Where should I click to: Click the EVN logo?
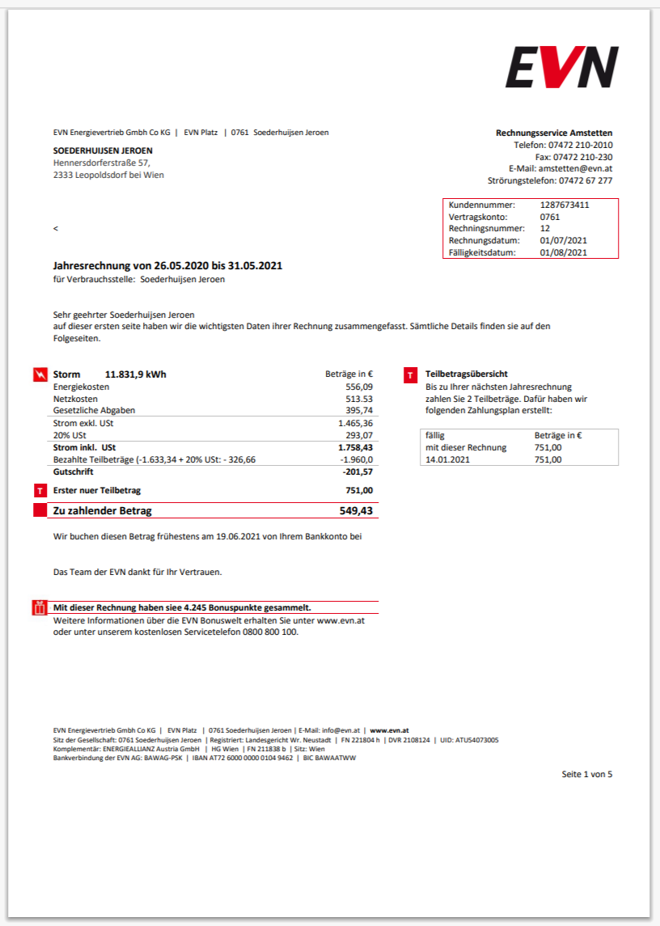pos(562,67)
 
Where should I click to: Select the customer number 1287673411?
pos(565,205)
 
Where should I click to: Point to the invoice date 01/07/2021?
pos(563,240)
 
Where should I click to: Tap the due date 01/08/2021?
pos(563,252)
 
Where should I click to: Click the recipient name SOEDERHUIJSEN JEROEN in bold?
pos(103,150)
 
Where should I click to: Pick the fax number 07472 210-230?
pos(582,157)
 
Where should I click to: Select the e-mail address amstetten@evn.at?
pos(575,169)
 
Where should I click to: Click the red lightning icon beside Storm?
pos(40,374)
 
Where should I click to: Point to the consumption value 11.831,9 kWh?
pos(136,374)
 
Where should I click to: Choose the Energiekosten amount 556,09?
pos(359,387)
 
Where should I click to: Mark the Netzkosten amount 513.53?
pos(359,399)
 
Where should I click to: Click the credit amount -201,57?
pos(357,471)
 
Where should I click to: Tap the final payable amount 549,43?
pos(356,511)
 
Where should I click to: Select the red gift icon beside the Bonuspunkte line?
pos(40,608)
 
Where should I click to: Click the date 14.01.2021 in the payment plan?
pos(449,459)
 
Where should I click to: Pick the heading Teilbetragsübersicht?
pos(467,374)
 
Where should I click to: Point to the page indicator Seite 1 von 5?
pos(587,774)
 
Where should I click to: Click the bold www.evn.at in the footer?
pos(389,730)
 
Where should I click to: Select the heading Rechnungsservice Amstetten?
pos(554,133)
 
